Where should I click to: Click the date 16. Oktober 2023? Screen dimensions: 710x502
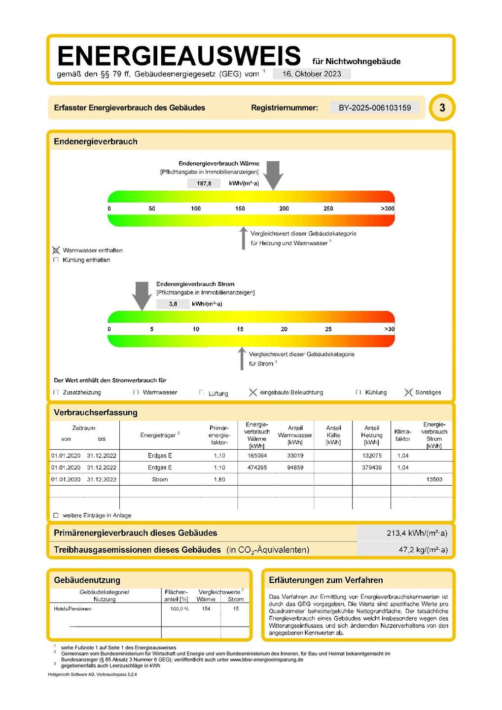pyautogui.click(x=312, y=74)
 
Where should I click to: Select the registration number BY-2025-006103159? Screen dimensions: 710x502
pyautogui.click(x=374, y=107)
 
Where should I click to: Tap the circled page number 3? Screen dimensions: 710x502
pyautogui.click(x=442, y=107)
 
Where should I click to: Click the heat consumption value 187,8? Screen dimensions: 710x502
pyautogui.click(x=204, y=183)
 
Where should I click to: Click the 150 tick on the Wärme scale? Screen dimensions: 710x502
pyautogui.click(x=240, y=209)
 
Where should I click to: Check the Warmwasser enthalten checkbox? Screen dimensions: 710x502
pyautogui.click(x=56, y=250)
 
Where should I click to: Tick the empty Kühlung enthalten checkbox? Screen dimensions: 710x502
pyautogui.click(x=56, y=260)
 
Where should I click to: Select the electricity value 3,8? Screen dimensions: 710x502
pyautogui.click(x=173, y=304)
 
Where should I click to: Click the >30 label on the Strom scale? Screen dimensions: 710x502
pyautogui.click(x=389, y=329)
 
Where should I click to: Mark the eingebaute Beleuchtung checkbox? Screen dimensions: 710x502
pyautogui.click(x=253, y=392)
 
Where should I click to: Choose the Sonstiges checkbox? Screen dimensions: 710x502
pyautogui.click(x=408, y=392)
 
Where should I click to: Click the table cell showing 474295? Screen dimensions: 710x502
pyautogui.click(x=257, y=467)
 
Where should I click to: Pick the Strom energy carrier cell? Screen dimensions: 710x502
pyautogui.click(x=160, y=479)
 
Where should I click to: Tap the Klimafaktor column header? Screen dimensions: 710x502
pyautogui.click(x=402, y=435)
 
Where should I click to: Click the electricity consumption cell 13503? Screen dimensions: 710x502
pyautogui.click(x=434, y=479)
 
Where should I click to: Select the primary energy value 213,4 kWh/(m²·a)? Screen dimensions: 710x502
pyautogui.click(x=417, y=533)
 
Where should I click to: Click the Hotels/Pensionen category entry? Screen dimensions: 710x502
pyautogui.click(x=72, y=609)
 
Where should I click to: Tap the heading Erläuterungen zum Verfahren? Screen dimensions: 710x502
pyautogui.click(x=325, y=580)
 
